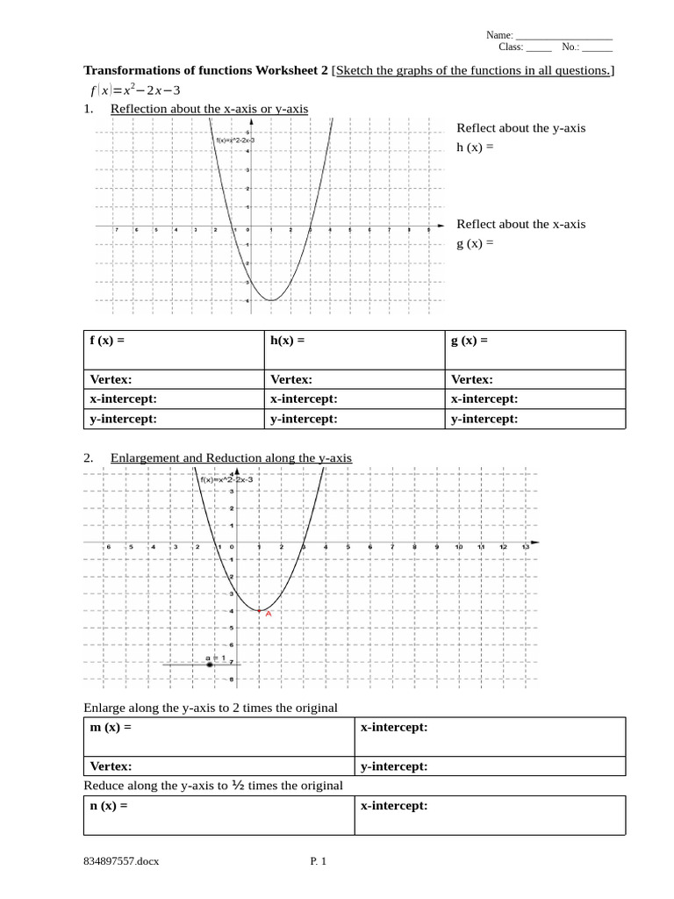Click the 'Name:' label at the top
pos(499,35)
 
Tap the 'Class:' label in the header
pos(511,47)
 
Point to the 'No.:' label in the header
pos(570,47)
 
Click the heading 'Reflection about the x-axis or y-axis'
pos(209,109)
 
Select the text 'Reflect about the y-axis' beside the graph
pos(520,128)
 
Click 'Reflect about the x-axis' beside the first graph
pos(520,224)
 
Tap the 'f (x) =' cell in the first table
pos(108,341)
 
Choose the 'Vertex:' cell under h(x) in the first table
pos(291,380)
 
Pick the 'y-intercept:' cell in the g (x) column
pos(484,419)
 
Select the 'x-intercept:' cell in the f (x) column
pos(124,399)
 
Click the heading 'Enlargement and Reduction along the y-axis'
pos(231,458)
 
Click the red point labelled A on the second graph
pos(259,609)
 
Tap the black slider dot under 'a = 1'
pos(210,665)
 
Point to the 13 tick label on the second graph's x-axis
pos(525,547)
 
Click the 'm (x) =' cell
pos(111,728)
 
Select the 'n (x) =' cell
pos(109,805)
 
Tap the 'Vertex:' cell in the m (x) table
pos(111,766)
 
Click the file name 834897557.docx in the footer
pos(121,861)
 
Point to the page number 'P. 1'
pos(318,861)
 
